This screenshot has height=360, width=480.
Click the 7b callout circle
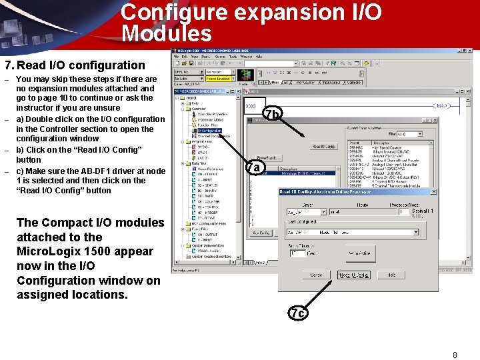[x=273, y=115]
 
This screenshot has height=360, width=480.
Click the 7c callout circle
[x=298, y=312]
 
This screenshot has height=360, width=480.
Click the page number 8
[x=455, y=355]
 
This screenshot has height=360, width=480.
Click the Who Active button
[x=359, y=253]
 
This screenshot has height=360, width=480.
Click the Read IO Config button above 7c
[x=353, y=275]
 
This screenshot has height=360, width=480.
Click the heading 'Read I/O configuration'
[x=80, y=65]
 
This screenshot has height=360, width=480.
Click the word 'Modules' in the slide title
[x=167, y=34]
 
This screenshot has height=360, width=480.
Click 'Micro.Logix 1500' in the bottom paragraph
[x=85, y=251]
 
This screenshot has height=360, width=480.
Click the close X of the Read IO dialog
[x=434, y=192]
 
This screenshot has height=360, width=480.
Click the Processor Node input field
[x=403, y=211]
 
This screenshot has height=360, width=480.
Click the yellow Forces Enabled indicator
[x=218, y=79]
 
